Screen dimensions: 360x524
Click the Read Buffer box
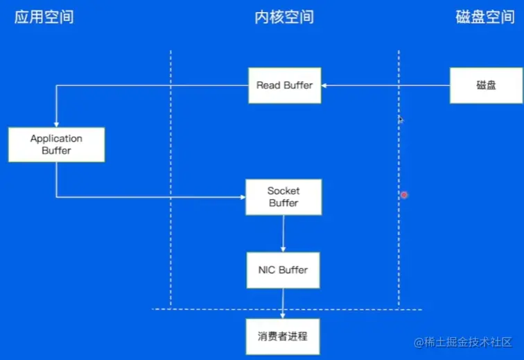coord(284,85)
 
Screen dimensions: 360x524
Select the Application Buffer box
coord(56,144)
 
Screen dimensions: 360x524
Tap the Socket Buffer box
coord(283,197)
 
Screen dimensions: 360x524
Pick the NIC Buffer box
coord(283,270)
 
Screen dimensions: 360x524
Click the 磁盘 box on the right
coord(486,85)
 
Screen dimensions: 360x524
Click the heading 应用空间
coord(44,17)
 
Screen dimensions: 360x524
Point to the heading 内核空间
coord(283,17)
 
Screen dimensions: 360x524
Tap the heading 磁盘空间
coord(484,17)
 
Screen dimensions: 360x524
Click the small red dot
coord(404,195)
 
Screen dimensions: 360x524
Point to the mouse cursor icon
coord(401,120)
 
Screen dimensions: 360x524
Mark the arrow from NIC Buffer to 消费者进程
coord(283,302)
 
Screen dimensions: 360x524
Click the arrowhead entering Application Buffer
coord(56,123)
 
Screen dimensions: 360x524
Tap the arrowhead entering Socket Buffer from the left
coord(243,197)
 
